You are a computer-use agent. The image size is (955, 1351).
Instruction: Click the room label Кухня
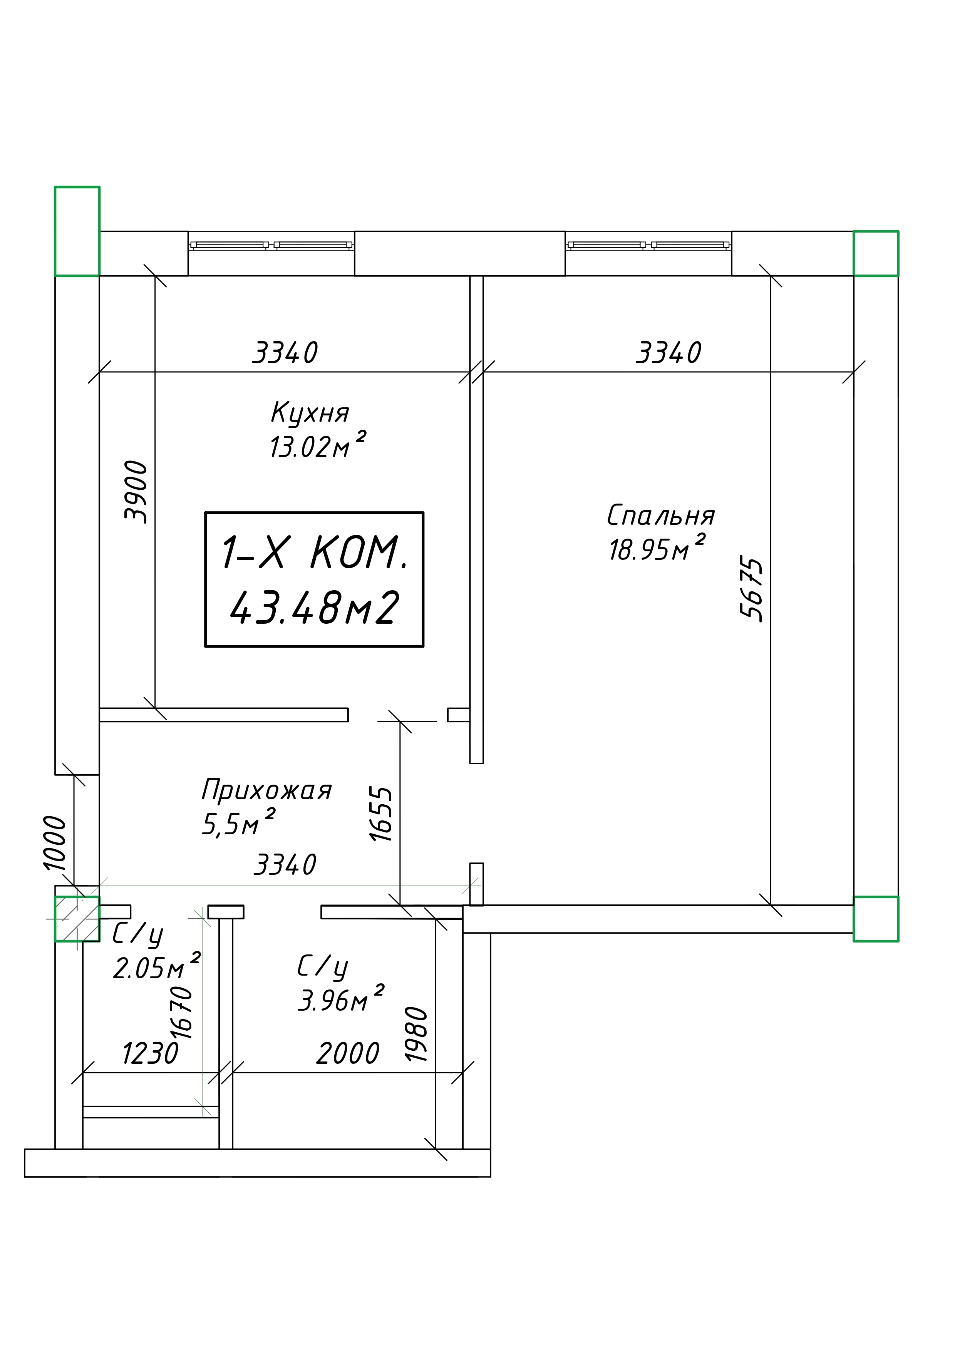pos(310,412)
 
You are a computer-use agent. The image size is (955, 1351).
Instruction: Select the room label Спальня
pos(661,516)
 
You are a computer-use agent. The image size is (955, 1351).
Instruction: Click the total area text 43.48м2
pos(315,608)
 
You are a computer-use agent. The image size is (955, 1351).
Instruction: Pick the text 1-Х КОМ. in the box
pos(315,552)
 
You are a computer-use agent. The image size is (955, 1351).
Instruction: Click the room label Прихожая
pos(266,790)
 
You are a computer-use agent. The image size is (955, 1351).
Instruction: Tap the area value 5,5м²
pos(238,822)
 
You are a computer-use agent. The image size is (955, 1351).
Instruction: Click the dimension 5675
pos(751,587)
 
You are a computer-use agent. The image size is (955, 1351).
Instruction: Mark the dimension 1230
pos(150,1053)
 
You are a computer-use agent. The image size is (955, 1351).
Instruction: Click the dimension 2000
pos(348,1053)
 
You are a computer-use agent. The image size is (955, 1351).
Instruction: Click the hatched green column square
pos(77,919)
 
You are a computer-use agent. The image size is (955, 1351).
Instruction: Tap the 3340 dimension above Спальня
pos(668,352)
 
